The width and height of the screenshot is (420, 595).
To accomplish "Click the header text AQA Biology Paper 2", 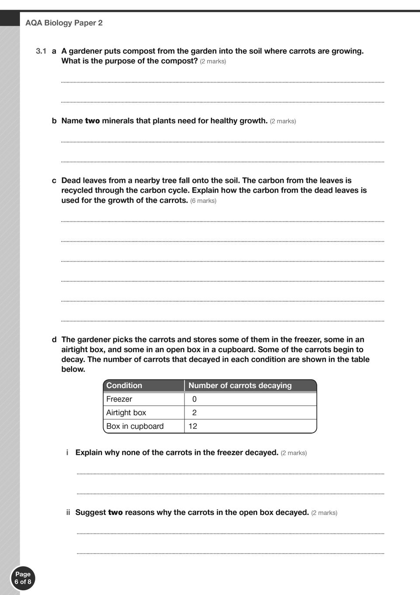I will click(x=64, y=23).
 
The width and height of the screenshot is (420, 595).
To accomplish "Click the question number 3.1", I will click(x=41, y=51).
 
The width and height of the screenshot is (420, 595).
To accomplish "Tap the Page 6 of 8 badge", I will click(x=23, y=578).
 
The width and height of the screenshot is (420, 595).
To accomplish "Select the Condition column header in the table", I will click(x=124, y=385).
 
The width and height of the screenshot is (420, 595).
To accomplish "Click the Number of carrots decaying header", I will click(x=240, y=385).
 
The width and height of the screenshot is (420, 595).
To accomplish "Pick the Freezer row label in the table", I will click(x=119, y=399).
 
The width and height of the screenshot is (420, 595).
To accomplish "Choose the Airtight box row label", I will click(x=126, y=413).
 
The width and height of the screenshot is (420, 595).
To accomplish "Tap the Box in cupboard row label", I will click(x=135, y=426).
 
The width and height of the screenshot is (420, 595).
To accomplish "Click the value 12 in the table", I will click(x=193, y=426).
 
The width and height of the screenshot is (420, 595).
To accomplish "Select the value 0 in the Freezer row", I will click(x=194, y=399).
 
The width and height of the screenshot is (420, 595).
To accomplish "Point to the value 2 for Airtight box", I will click(x=194, y=413).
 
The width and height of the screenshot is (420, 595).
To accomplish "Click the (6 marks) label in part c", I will click(x=203, y=201).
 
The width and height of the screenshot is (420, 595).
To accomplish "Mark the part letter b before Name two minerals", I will click(x=54, y=121).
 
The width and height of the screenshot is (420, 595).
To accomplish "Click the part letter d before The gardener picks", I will click(x=54, y=339).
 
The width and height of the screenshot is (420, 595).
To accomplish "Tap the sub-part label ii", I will click(x=68, y=512).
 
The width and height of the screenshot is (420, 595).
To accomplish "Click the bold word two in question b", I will click(x=92, y=121).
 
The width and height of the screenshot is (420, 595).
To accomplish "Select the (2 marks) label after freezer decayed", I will click(x=294, y=453).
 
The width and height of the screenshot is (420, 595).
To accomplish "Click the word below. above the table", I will click(x=73, y=369).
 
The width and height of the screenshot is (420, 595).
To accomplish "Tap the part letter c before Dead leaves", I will click(x=54, y=181).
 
